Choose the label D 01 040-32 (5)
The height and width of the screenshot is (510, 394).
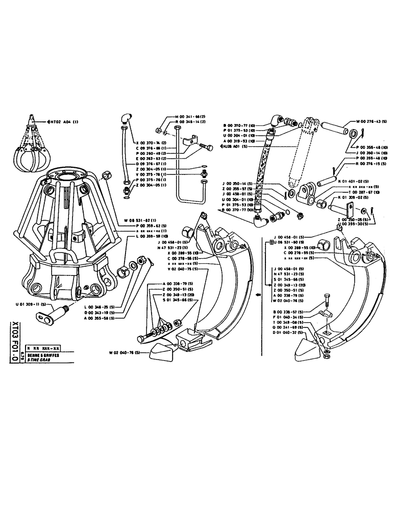[x=287, y=332]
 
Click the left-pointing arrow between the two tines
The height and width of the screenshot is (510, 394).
[x=258, y=294]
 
